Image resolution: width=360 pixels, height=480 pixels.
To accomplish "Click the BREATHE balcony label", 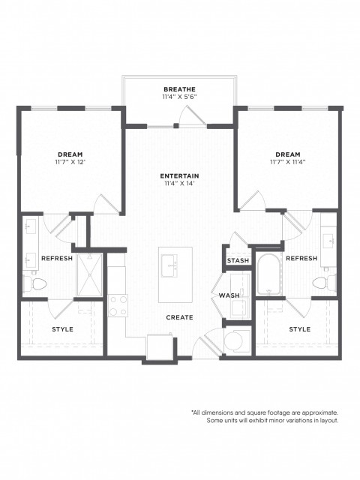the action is [x=179, y=89].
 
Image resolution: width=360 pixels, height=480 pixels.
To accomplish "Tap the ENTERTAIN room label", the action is [x=179, y=176].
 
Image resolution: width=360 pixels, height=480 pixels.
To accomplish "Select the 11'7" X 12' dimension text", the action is [x=70, y=162].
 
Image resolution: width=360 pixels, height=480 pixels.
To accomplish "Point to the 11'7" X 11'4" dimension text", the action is [x=288, y=162].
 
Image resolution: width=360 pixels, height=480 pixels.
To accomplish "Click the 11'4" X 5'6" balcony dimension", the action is [x=179, y=97].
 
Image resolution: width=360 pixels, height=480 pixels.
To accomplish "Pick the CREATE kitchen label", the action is [x=179, y=317].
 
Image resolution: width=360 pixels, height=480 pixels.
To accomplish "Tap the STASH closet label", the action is [x=238, y=260].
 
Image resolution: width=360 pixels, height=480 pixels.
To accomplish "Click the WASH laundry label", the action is [x=229, y=295].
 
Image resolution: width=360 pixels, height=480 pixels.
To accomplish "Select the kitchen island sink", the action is [x=169, y=265].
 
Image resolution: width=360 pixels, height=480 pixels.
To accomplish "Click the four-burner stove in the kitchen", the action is [x=118, y=305].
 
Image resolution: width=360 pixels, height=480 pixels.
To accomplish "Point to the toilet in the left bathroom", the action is [x=35, y=283].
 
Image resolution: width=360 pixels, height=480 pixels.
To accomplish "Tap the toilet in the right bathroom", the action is [x=324, y=282].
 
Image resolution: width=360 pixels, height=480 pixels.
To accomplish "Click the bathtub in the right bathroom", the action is [x=268, y=274].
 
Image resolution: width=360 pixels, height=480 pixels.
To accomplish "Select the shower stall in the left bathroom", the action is [x=89, y=275].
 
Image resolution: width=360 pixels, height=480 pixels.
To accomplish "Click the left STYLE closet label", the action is [x=62, y=329].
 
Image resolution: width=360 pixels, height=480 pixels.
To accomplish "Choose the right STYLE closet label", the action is [x=300, y=329].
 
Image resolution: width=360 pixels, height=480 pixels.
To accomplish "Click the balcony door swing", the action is [x=192, y=115].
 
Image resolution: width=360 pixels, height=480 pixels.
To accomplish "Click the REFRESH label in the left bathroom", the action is [x=57, y=258].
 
